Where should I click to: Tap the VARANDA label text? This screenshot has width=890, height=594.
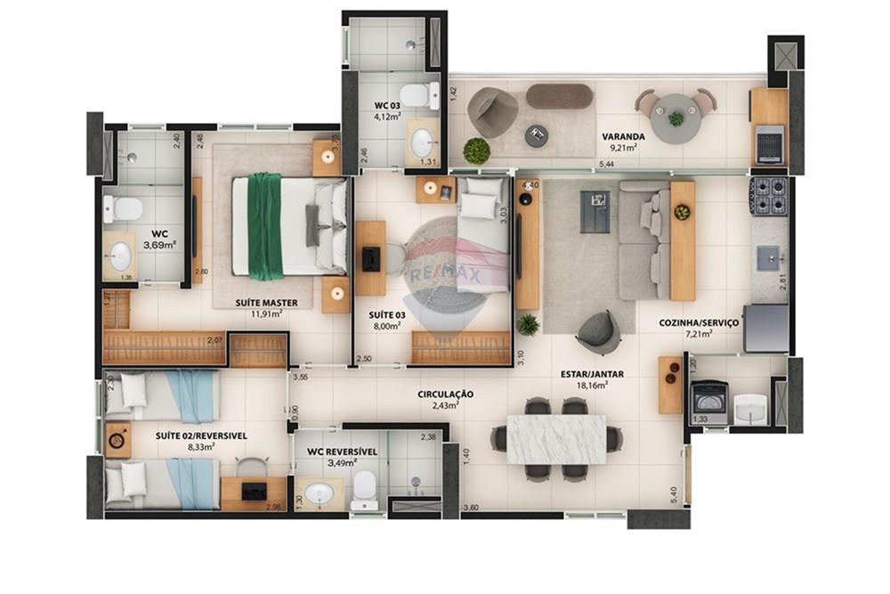[x=623, y=136]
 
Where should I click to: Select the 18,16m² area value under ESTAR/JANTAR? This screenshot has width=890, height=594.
[x=591, y=386]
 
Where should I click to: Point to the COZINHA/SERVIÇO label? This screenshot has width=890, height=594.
[x=699, y=322]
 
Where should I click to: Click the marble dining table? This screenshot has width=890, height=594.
[x=556, y=439]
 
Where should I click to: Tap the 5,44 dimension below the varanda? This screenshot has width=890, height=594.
[x=607, y=165]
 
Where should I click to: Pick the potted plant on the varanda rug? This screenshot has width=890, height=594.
[x=477, y=151]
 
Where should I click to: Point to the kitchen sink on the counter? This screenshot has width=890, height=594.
[x=768, y=258]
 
